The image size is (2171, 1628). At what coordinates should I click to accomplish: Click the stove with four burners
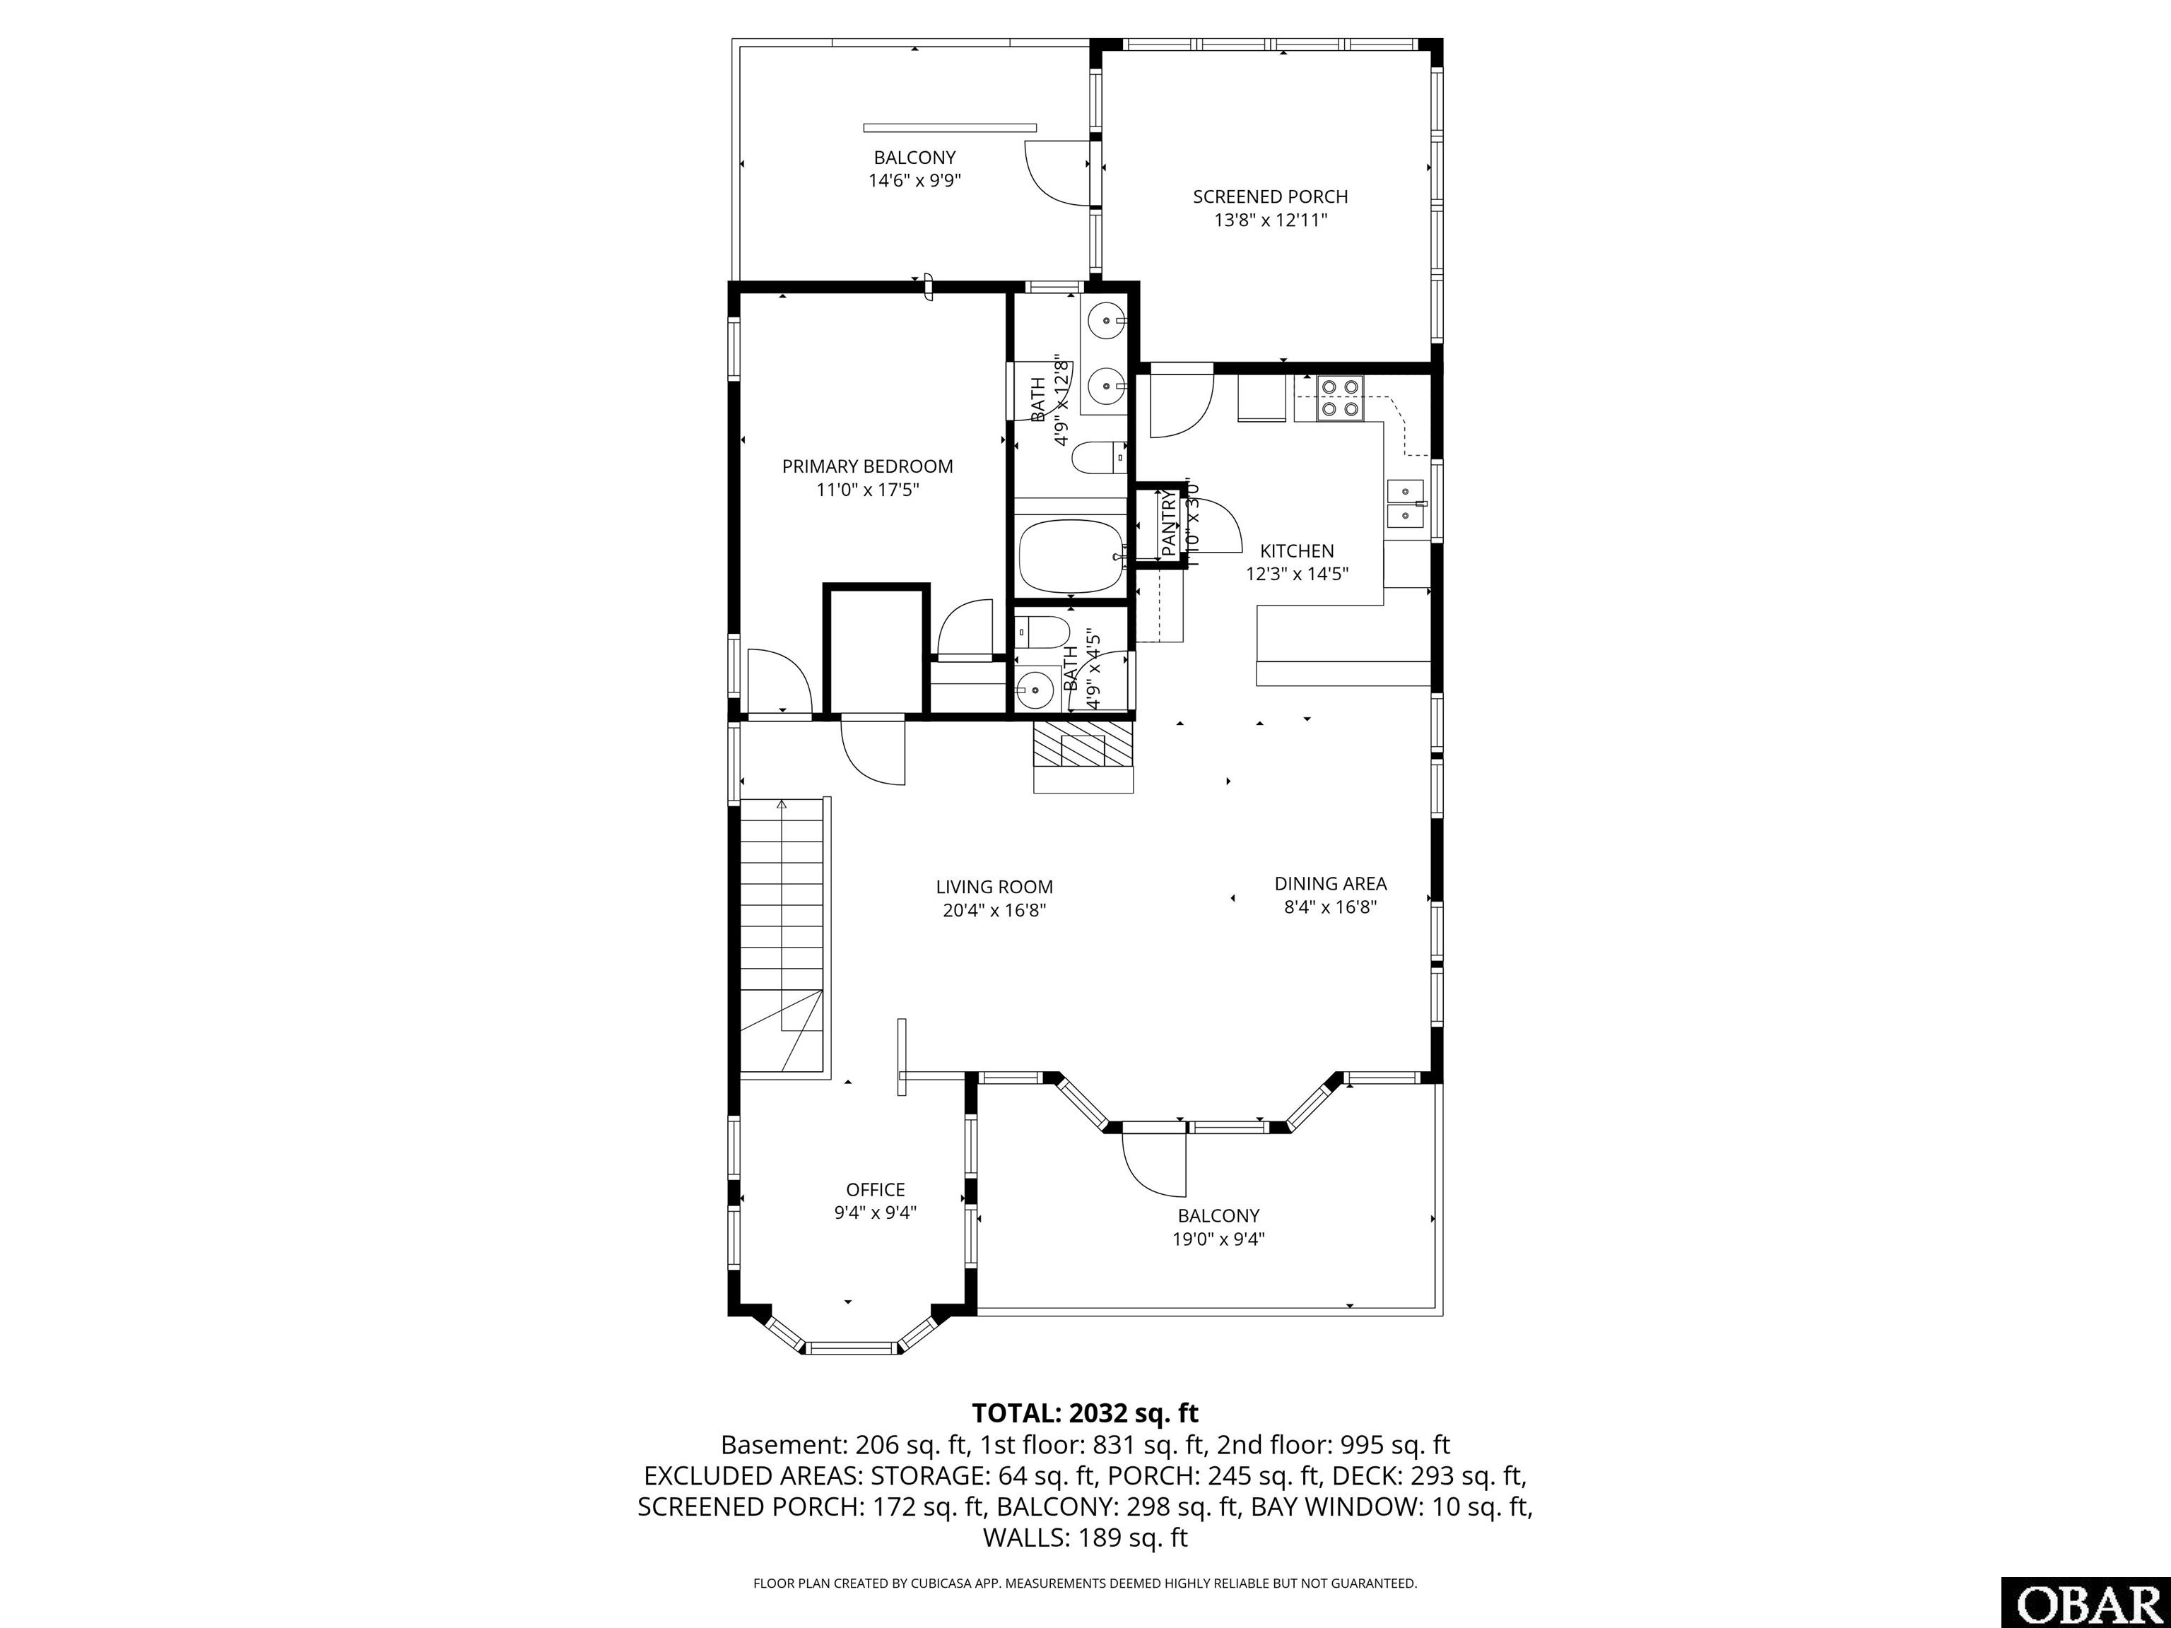click(1341, 399)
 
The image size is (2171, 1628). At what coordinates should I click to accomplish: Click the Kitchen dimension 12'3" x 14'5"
click(1298, 574)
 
